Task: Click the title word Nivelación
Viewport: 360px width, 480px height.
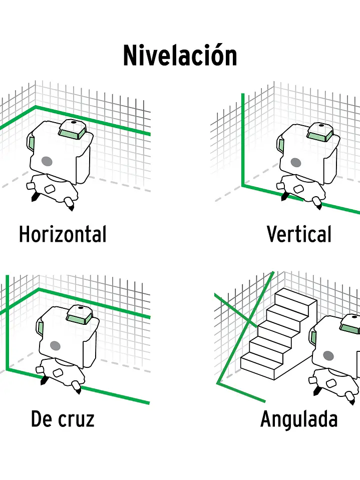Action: (180, 56)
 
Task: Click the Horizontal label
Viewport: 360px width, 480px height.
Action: (63, 234)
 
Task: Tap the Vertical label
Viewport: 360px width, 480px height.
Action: (299, 234)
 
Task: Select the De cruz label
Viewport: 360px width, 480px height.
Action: (63, 419)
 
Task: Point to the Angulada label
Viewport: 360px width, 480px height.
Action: (299, 419)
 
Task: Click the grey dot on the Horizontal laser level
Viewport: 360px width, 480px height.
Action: (47, 161)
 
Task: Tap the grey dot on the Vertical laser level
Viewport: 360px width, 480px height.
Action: (296, 163)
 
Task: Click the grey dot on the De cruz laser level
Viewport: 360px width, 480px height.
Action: (55, 346)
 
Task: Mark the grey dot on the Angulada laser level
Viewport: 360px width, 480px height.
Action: (328, 356)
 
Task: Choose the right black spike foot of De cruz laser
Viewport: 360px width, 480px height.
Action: (78, 389)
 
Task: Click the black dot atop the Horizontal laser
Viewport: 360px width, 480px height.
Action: (74, 123)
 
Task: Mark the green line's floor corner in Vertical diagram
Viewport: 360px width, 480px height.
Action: (243, 185)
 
